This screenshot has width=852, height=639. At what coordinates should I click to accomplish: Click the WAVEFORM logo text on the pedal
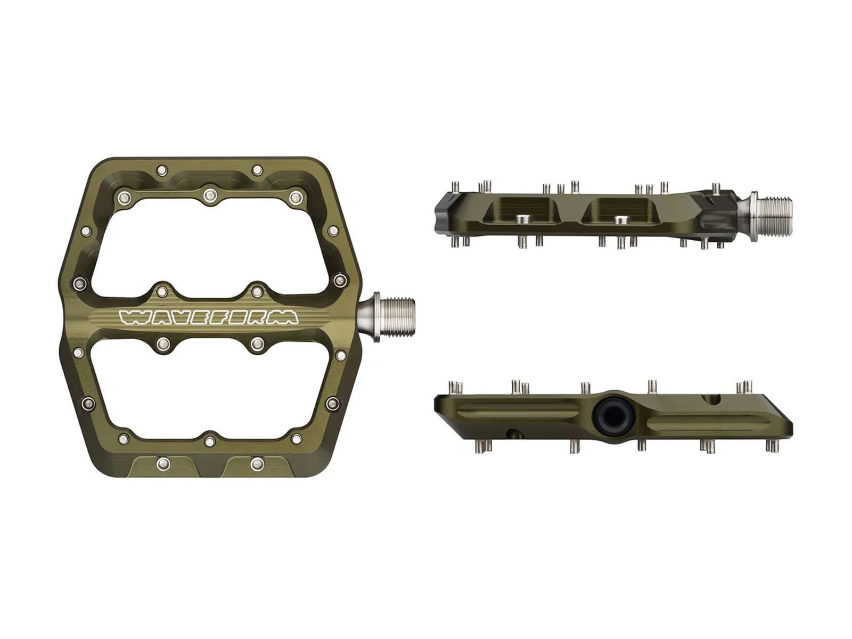point(208,317)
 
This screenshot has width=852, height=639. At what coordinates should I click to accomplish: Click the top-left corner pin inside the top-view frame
point(124,198)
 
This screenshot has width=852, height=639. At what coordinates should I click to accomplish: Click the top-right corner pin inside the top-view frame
point(294,198)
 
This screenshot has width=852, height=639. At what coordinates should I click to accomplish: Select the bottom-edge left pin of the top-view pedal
point(163,463)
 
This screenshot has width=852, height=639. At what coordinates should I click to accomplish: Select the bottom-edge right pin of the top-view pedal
point(257,463)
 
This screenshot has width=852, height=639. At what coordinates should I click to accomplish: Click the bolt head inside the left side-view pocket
point(522,219)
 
